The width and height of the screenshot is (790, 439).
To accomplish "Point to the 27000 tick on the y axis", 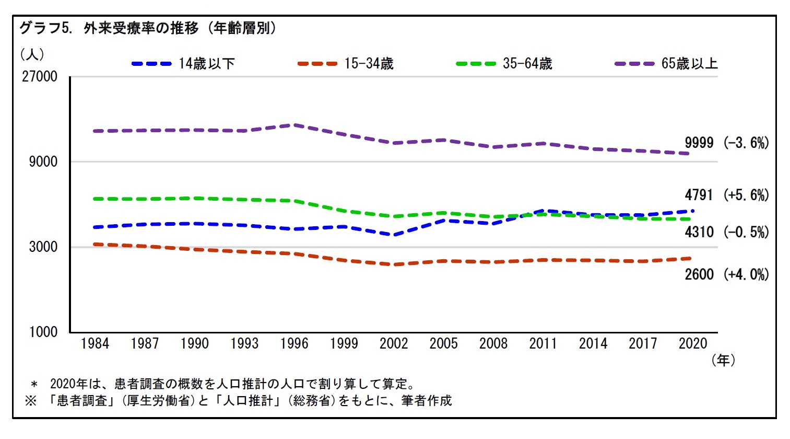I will click(40, 76).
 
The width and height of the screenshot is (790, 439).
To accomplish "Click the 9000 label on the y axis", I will click(43, 162).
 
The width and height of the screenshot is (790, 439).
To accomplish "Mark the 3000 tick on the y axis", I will click(43, 247).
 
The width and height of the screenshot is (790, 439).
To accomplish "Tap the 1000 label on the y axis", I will click(43, 332).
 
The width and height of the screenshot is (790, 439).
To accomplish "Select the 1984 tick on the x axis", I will click(95, 344).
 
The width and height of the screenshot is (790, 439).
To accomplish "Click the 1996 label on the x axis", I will click(294, 344).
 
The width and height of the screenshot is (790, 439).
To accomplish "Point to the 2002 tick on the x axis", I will click(394, 344).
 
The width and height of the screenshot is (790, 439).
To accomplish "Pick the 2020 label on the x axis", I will click(692, 344).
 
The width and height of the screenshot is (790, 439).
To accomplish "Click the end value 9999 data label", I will click(699, 143).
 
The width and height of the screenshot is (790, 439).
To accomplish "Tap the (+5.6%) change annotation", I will click(746, 195).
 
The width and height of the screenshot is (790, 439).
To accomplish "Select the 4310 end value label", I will click(699, 232).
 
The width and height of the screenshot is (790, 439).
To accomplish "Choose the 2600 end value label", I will click(699, 274).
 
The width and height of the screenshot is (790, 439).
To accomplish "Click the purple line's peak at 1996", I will click(295, 125).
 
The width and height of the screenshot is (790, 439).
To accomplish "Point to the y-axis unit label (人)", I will click(32, 54).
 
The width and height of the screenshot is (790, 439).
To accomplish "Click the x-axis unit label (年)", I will click(723, 360).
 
